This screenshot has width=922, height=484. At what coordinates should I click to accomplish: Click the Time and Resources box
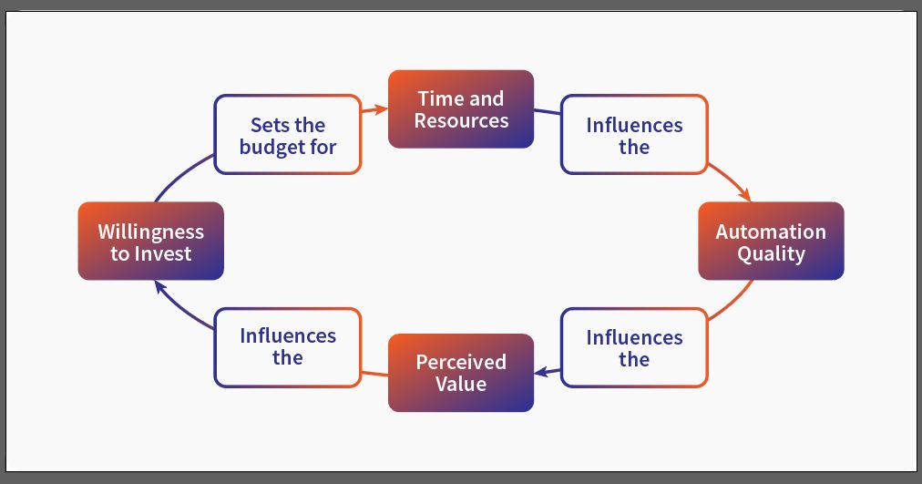click(x=461, y=108)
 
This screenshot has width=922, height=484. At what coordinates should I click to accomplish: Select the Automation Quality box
click(x=771, y=241)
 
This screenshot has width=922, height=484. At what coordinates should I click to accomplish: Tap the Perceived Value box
click(x=461, y=373)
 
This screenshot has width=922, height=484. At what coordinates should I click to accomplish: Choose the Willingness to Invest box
click(x=151, y=241)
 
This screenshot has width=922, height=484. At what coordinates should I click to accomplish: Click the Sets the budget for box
click(x=288, y=135)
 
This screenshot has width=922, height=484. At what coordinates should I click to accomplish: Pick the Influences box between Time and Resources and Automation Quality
click(x=634, y=135)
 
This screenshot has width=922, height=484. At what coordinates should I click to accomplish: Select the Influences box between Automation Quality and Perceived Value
click(x=634, y=347)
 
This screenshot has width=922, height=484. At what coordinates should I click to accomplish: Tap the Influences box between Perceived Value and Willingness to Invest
click(x=288, y=347)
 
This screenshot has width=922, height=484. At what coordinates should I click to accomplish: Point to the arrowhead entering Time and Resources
click(x=381, y=108)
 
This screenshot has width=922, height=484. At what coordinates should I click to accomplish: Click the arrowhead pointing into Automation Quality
click(x=745, y=194)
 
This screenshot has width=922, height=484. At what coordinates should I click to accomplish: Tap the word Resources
click(x=461, y=120)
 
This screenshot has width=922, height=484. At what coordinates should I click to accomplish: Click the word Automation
click(x=771, y=232)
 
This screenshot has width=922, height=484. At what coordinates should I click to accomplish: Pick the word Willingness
click(x=151, y=232)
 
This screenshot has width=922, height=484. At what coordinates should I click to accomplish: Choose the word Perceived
click(x=461, y=362)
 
